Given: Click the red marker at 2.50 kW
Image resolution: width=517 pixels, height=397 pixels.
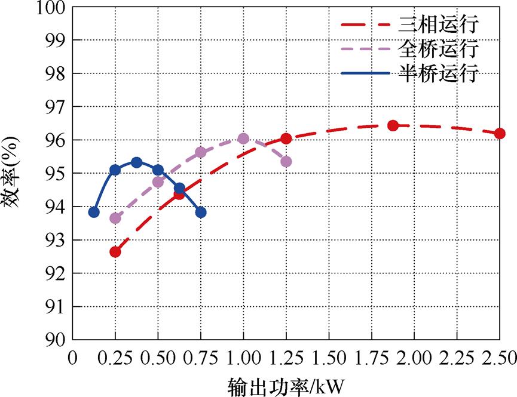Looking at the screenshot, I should [x=500, y=133].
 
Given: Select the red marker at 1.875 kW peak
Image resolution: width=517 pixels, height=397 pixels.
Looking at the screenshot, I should [x=393, y=125].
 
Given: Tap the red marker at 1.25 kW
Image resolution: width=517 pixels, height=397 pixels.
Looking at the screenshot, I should [x=286, y=139].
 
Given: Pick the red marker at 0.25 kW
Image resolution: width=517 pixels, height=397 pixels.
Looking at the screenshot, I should [x=115, y=251].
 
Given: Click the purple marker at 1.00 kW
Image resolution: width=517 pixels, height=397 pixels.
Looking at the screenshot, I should [x=243, y=139].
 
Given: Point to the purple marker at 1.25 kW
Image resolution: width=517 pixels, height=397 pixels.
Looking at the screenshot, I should [x=286, y=161].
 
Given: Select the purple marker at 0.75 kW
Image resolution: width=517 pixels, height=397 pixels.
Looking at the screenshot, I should [x=201, y=152].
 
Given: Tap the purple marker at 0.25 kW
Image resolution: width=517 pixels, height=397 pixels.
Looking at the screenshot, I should [x=115, y=218].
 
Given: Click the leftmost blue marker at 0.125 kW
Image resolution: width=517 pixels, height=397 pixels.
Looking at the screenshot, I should [x=94, y=212].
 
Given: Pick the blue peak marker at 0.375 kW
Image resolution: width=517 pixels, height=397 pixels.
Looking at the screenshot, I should [x=136, y=162].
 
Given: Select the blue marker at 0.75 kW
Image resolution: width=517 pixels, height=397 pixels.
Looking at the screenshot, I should [x=201, y=212].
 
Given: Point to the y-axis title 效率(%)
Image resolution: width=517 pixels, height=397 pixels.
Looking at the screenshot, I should [x=13, y=173].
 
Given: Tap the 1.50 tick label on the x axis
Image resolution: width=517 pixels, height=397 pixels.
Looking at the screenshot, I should [x=328, y=358].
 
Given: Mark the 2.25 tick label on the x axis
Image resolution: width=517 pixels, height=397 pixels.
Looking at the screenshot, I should [x=457, y=358].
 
